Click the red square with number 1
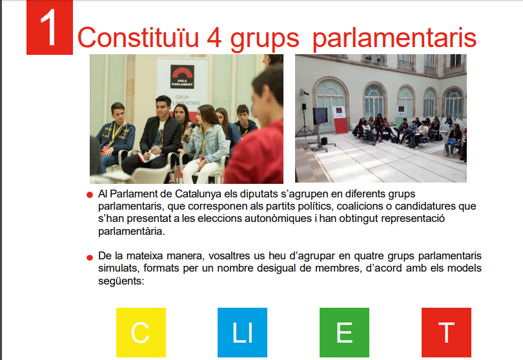click(x=50, y=27)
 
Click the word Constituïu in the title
click(x=138, y=37)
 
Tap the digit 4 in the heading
click(x=214, y=37)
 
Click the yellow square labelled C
click(x=141, y=332)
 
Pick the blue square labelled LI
click(x=243, y=332)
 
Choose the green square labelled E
click(x=344, y=332)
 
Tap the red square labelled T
click(x=446, y=332)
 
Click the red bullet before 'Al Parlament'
click(x=89, y=195)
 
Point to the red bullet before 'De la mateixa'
click(x=89, y=257)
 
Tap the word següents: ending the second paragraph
click(x=121, y=281)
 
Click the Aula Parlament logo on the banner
click(x=182, y=77)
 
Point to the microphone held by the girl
click(x=189, y=131)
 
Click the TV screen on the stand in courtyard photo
click(x=320, y=116)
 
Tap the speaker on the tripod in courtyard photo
click(x=304, y=106)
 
